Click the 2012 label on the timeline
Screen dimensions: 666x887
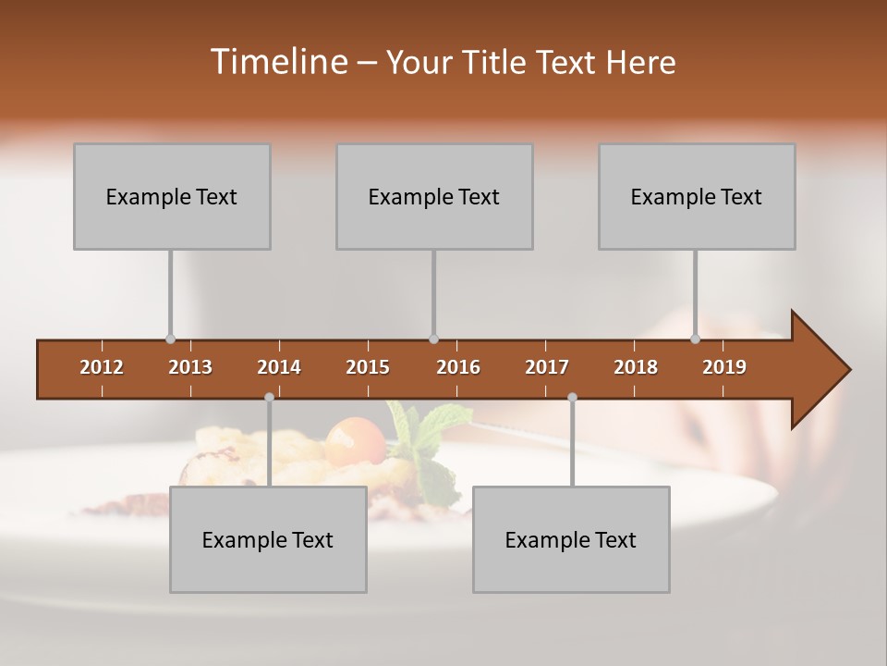click(102, 367)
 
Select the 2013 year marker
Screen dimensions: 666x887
click(190, 367)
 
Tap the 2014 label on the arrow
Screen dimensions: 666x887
click(279, 367)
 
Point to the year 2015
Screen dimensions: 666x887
click(368, 367)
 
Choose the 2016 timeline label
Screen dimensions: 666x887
click(458, 367)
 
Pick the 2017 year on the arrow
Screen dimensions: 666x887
click(547, 367)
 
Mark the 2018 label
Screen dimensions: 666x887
click(636, 367)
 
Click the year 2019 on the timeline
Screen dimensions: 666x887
click(724, 367)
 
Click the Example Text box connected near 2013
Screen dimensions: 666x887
click(172, 196)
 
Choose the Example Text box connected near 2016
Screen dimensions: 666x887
click(434, 196)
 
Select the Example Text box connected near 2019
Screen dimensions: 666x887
click(697, 196)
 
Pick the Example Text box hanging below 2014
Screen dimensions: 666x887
click(268, 539)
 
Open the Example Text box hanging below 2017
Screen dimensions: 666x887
click(571, 539)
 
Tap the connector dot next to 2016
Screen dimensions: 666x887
click(434, 339)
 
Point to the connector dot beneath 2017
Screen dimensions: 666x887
click(572, 397)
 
